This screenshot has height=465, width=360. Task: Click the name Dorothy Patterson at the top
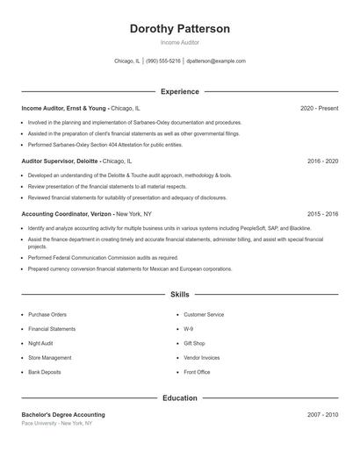(180, 29)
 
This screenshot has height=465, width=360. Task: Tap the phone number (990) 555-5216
(163, 61)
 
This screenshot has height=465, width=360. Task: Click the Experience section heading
(180, 91)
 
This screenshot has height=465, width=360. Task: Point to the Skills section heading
(180, 295)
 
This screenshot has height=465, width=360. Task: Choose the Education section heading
(180, 397)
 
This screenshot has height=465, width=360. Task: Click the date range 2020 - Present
(319, 108)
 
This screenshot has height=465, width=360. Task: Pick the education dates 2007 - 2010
(323, 414)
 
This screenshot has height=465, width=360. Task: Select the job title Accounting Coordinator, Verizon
(67, 213)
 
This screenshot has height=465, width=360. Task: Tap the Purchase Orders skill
(47, 314)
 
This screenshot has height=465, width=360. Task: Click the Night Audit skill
(40, 343)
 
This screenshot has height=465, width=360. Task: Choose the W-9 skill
(189, 329)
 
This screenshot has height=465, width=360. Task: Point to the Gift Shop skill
(194, 343)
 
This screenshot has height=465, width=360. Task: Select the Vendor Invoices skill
(202, 358)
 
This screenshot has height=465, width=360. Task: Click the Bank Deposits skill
(45, 372)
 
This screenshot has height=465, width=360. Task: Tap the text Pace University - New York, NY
(57, 423)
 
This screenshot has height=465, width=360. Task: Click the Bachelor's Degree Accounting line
(63, 414)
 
